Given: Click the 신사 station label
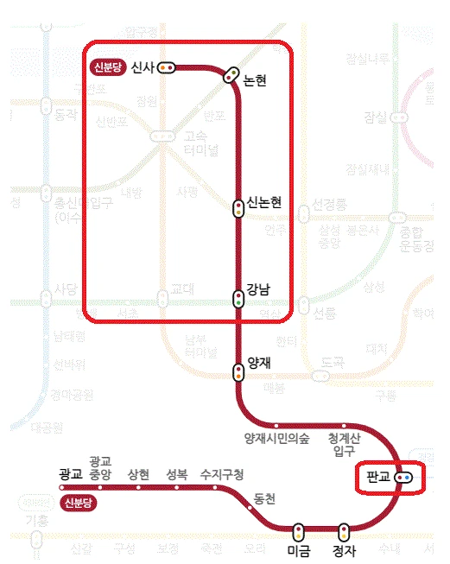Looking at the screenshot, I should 142,67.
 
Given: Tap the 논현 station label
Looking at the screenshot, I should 255,80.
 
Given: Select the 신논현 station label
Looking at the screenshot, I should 264,203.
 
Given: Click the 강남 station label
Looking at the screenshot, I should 258,289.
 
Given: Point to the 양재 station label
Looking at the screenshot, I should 259,364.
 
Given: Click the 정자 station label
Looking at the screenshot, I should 345,550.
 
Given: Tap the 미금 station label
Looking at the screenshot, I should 298,550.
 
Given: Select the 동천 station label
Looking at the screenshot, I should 265,498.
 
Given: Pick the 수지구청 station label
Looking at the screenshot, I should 222,474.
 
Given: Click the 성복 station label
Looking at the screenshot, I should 177,474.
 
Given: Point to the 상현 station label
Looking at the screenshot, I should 138,474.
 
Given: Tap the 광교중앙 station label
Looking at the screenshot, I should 100,467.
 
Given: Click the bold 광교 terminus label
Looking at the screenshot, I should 70,474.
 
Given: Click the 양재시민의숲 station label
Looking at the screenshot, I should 277,437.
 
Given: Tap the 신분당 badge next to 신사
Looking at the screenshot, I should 107,67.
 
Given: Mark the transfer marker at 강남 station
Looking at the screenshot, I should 238,300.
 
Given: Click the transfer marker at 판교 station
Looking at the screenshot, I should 403,478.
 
